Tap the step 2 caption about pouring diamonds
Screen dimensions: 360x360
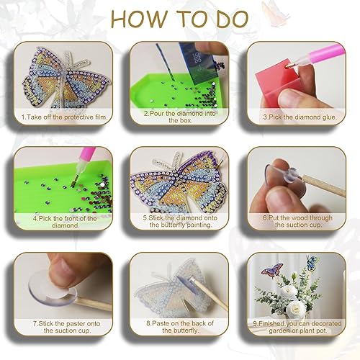(179, 117)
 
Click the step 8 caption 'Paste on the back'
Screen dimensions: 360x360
(179, 328)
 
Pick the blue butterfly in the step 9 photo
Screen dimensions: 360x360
(312, 263)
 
